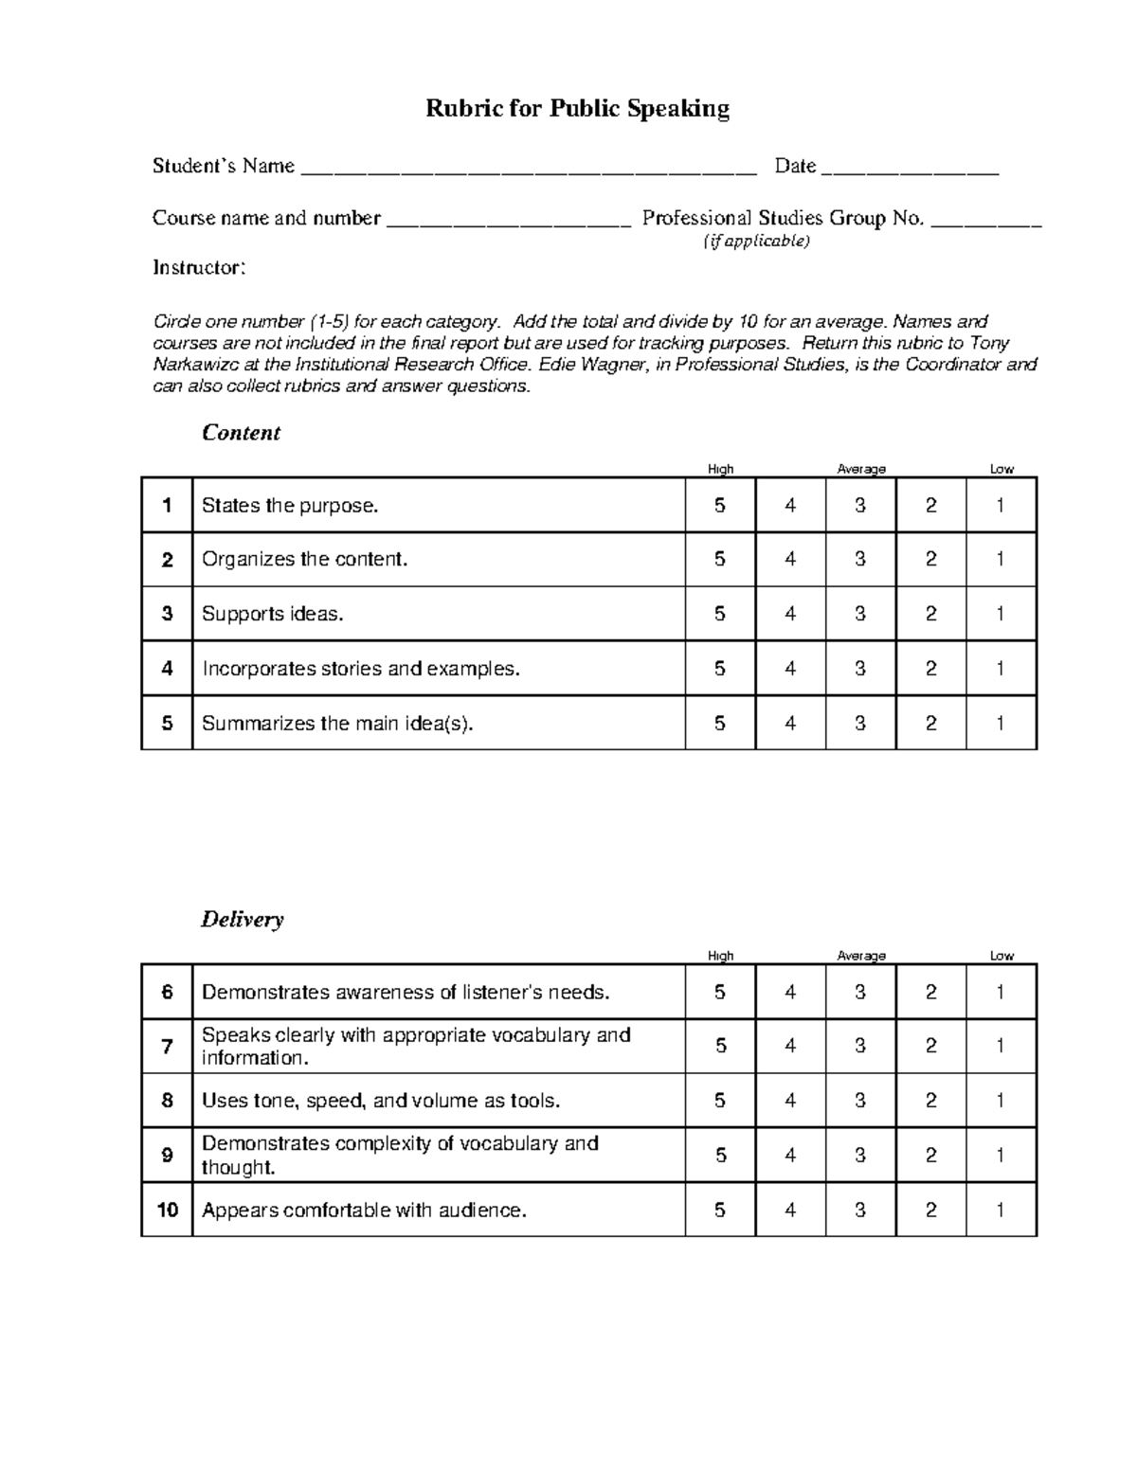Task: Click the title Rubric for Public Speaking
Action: coord(577,109)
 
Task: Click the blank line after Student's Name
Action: coord(528,171)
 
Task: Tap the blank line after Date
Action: coord(910,171)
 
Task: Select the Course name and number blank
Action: coord(509,224)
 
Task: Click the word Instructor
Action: coord(199,268)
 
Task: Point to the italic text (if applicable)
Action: coord(756,242)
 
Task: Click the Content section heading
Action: coord(241,433)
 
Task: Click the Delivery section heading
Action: coord(242,920)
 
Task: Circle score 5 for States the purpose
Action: coord(720,506)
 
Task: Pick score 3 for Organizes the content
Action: coord(860,560)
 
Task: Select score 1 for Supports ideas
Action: coord(1001,614)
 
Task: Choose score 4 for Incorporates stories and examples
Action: coord(790,669)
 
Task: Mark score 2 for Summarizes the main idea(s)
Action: coord(930,724)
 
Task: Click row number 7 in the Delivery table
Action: coord(167,1047)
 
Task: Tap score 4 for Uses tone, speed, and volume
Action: coord(790,1101)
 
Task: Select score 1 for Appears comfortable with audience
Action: coord(1001,1210)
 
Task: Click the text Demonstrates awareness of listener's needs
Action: coord(406,993)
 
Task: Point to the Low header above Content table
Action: coord(1002,469)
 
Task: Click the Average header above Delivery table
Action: coord(861,956)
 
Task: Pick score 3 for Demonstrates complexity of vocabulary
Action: coord(860,1156)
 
